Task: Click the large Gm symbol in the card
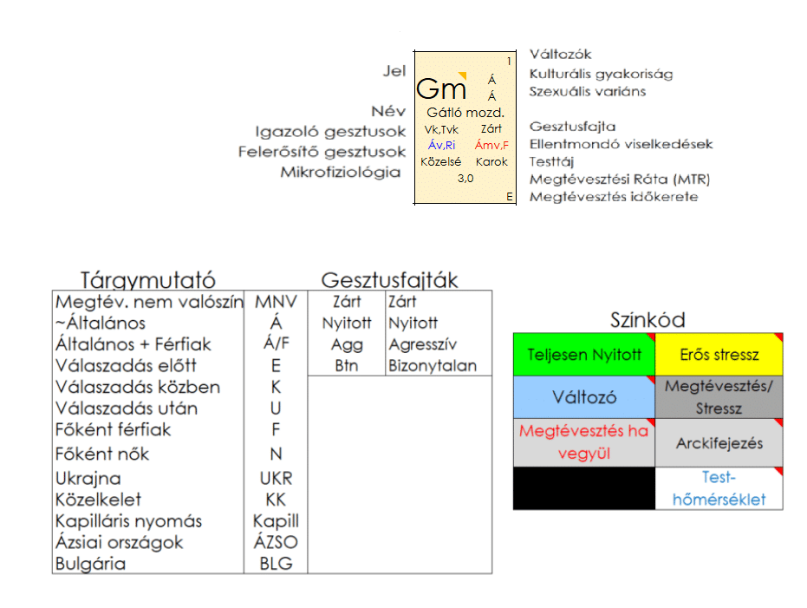tap(441, 89)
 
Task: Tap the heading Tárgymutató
tap(147, 280)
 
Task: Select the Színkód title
tap(647, 321)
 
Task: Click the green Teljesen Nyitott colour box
tap(584, 355)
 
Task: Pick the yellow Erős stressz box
tap(719, 355)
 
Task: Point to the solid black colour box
tap(584, 488)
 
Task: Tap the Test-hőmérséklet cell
tap(719, 488)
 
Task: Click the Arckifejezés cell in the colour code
tap(719, 443)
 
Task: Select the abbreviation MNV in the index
tap(276, 303)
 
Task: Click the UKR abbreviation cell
tap(276, 479)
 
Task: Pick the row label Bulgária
tap(90, 564)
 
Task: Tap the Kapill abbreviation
tap(276, 521)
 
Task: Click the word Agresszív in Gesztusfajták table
tap(423, 344)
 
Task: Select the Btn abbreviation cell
tap(347, 366)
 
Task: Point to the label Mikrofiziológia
tap(340, 173)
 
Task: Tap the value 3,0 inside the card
tap(465, 179)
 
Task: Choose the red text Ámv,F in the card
tap(491, 146)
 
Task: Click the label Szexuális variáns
tap(588, 92)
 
